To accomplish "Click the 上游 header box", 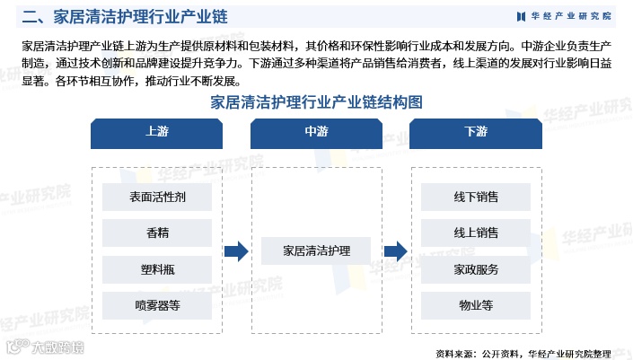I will tap(156, 131).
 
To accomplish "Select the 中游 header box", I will tap(316, 131).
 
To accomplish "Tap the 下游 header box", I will tap(476, 131).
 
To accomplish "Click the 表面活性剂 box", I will tap(157, 197).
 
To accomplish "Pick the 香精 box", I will tap(157, 233).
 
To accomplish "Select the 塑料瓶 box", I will tap(157, 268).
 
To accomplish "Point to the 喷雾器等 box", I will tap(157, 304).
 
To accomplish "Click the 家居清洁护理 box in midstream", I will tap(316, 250).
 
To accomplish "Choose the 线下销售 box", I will tap(476, 197).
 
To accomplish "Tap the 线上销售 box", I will tap(476, 233).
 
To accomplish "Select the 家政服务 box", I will tap(476, 268).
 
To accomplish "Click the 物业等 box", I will tap(476, 304).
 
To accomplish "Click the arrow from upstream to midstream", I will tap(236, 251).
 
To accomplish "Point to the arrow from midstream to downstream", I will tap(396, 251).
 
